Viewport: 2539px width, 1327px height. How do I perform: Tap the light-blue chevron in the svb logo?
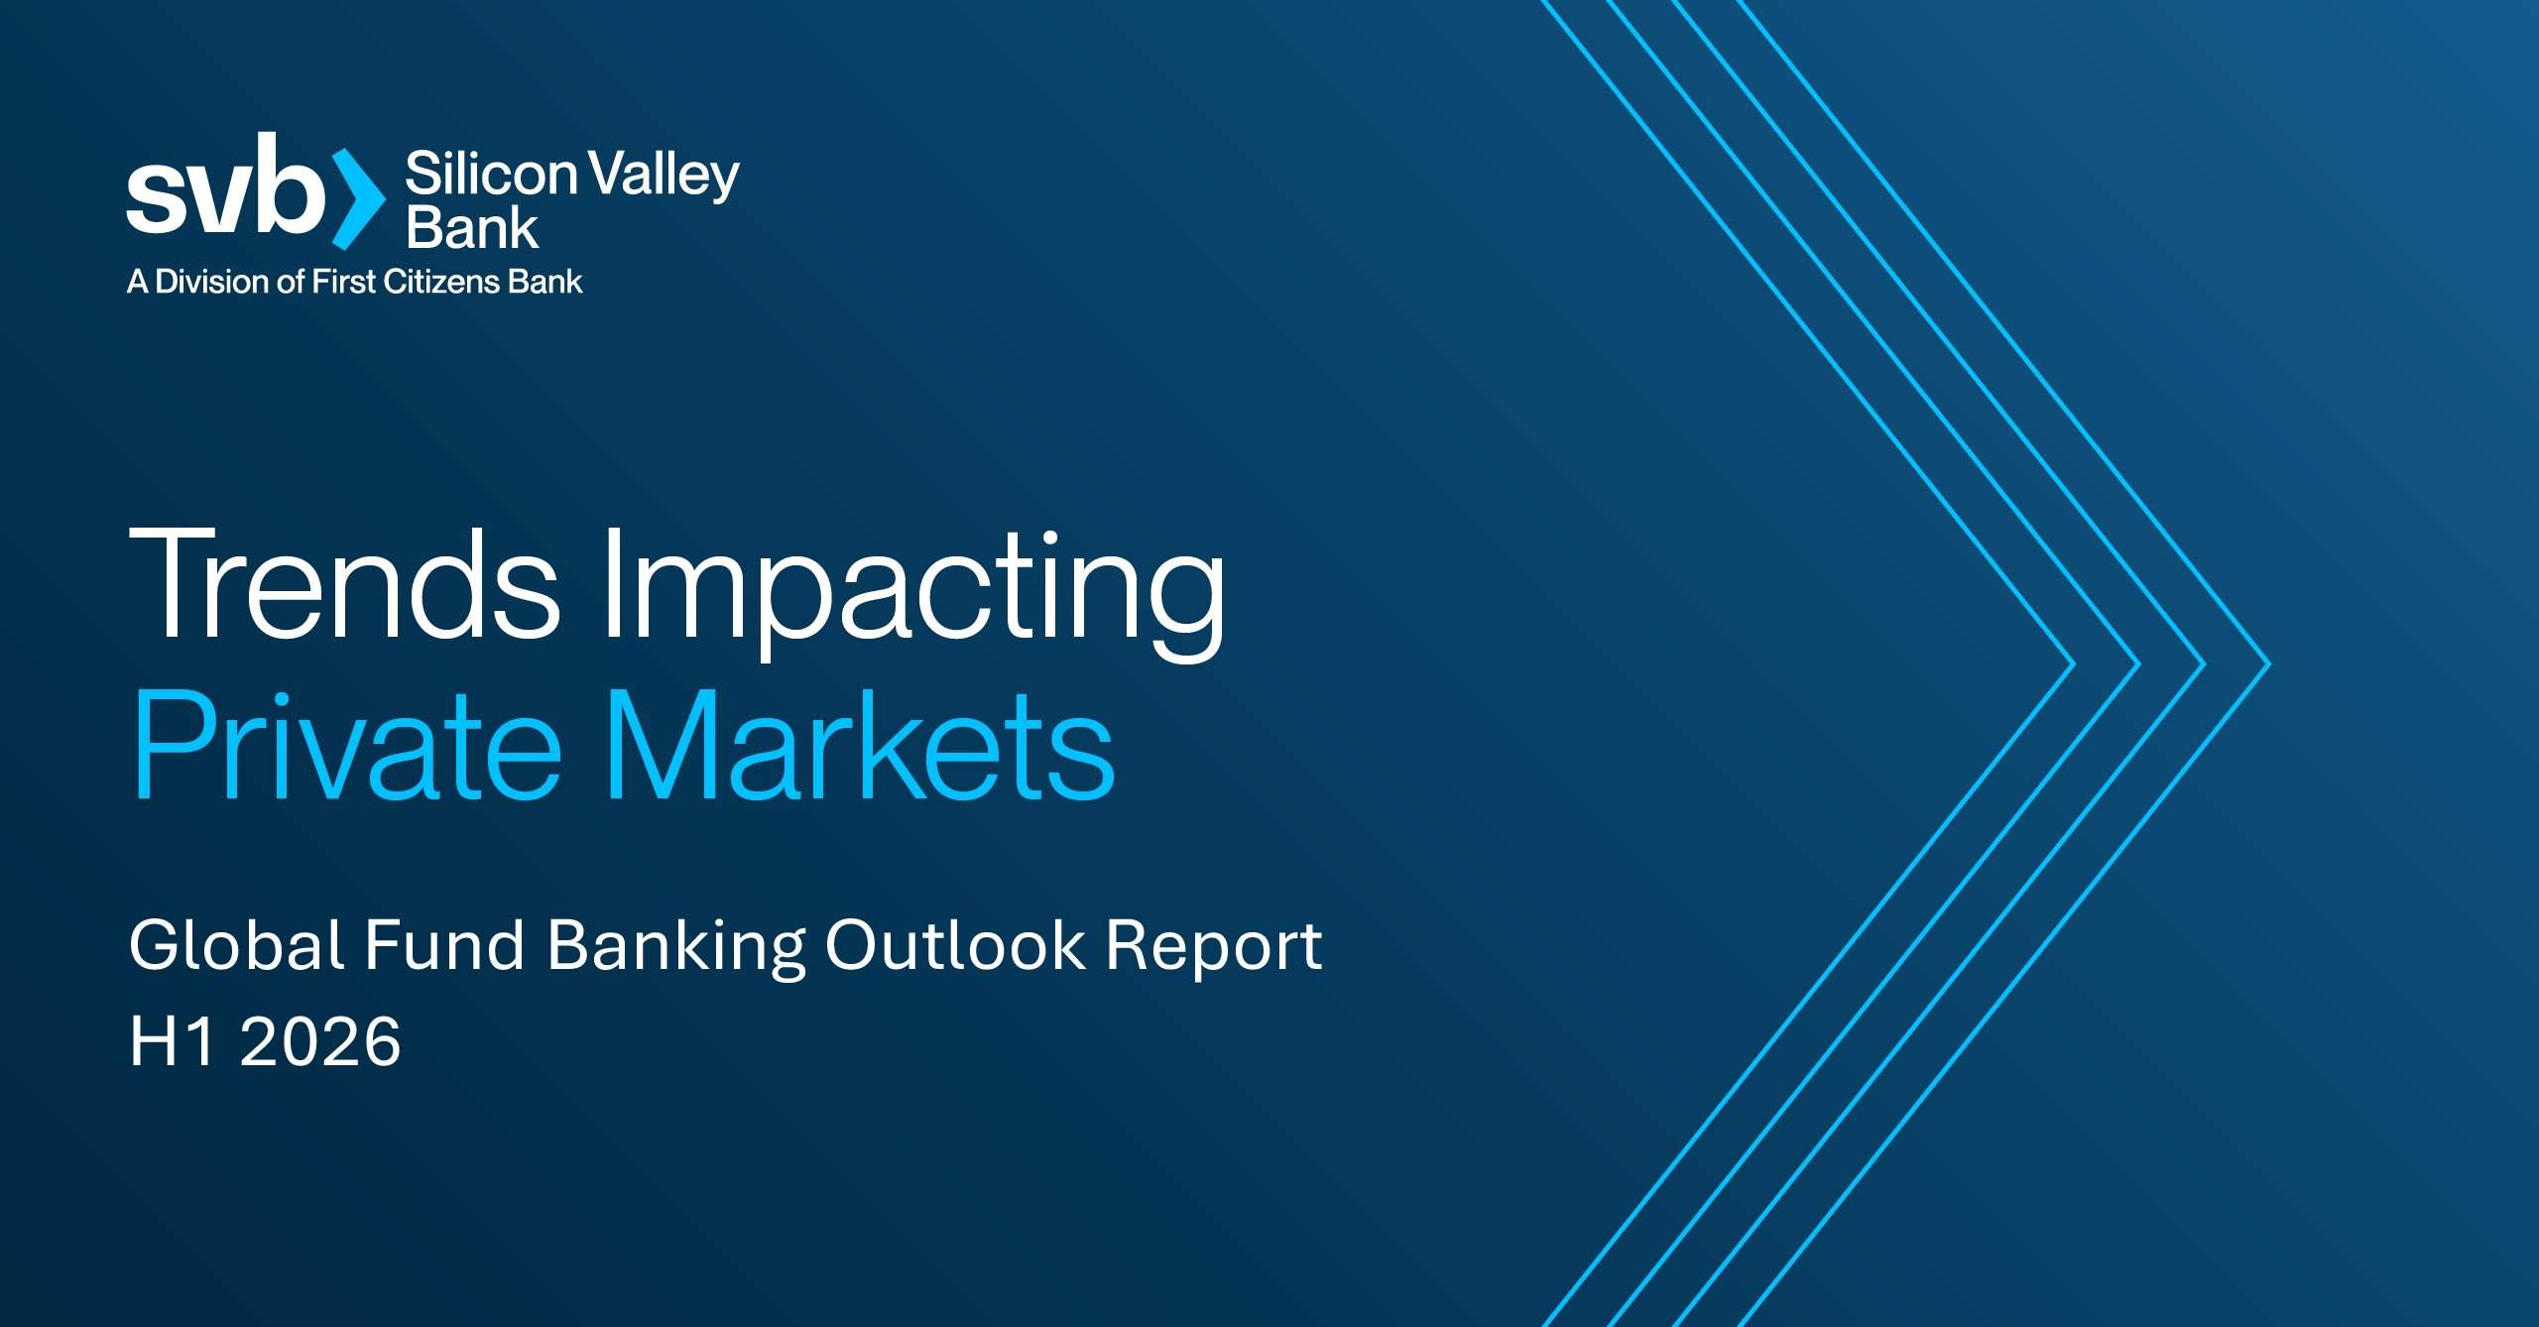coord(358,198)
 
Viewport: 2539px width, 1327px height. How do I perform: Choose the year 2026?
coord(320,1041)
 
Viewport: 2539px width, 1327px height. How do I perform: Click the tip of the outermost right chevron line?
coord(2269,663)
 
